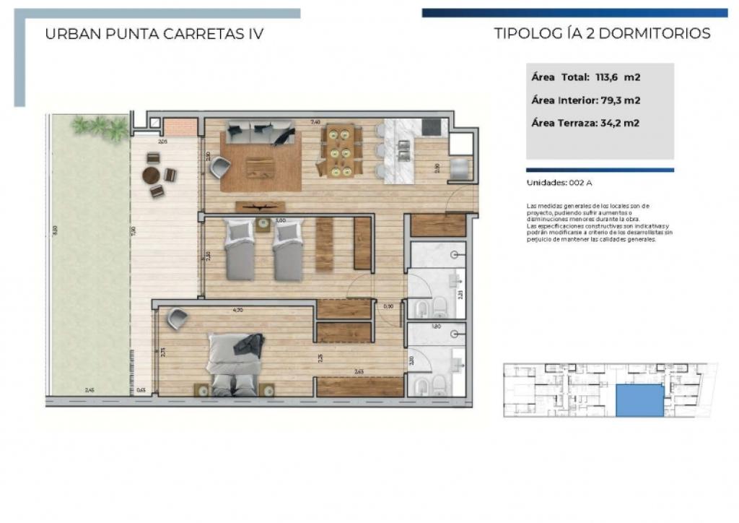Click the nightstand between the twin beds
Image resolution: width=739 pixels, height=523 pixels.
264,225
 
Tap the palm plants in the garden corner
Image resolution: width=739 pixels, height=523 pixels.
100,127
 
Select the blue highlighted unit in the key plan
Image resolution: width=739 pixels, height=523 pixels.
639,400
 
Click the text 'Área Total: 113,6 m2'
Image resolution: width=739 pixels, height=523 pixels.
586,77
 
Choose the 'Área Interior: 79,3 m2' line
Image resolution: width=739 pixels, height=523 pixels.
586,100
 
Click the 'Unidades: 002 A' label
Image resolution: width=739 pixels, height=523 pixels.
560,183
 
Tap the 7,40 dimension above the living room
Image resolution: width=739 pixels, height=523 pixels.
315,122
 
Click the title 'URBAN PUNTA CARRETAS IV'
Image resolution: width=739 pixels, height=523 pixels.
154,34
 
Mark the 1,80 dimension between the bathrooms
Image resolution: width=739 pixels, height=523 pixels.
436,327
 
